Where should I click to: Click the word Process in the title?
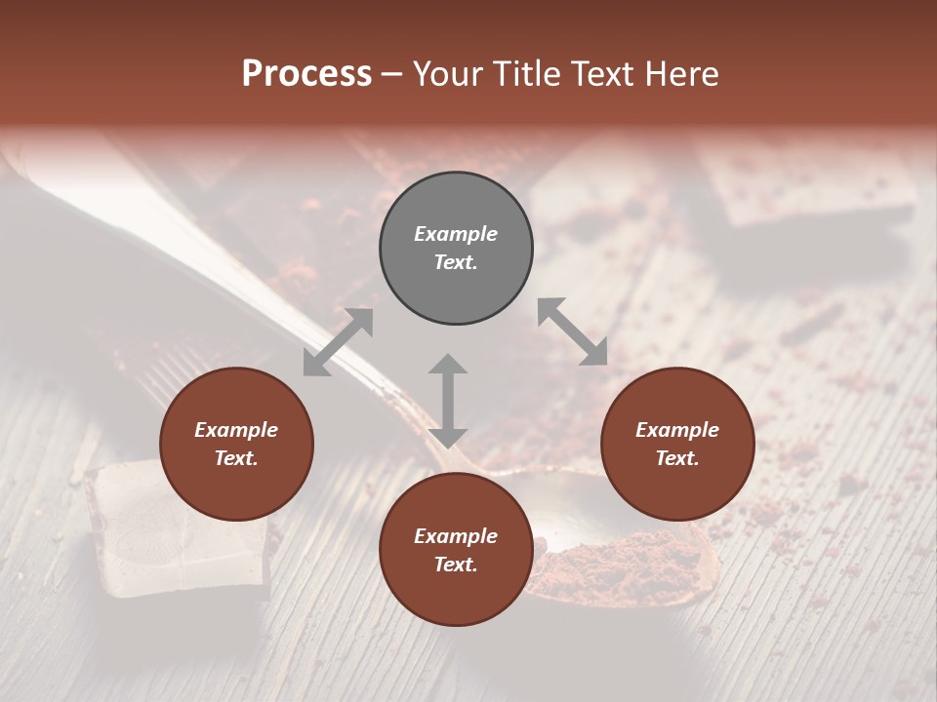[x=306, y=74]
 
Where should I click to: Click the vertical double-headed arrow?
[x=448, y=401]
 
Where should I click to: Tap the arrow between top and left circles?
[x=338, y=342]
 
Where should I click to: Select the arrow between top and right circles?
[x=573, y=331]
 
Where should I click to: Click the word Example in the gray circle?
[x=456, y=234]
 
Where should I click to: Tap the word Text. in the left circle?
[x=236, y=458]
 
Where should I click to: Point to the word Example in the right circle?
[x=677, y=430]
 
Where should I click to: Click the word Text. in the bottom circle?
[x=456, y=565]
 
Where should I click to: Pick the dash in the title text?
[x=392, y=75]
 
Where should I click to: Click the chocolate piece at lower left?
[x=176, y=526]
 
